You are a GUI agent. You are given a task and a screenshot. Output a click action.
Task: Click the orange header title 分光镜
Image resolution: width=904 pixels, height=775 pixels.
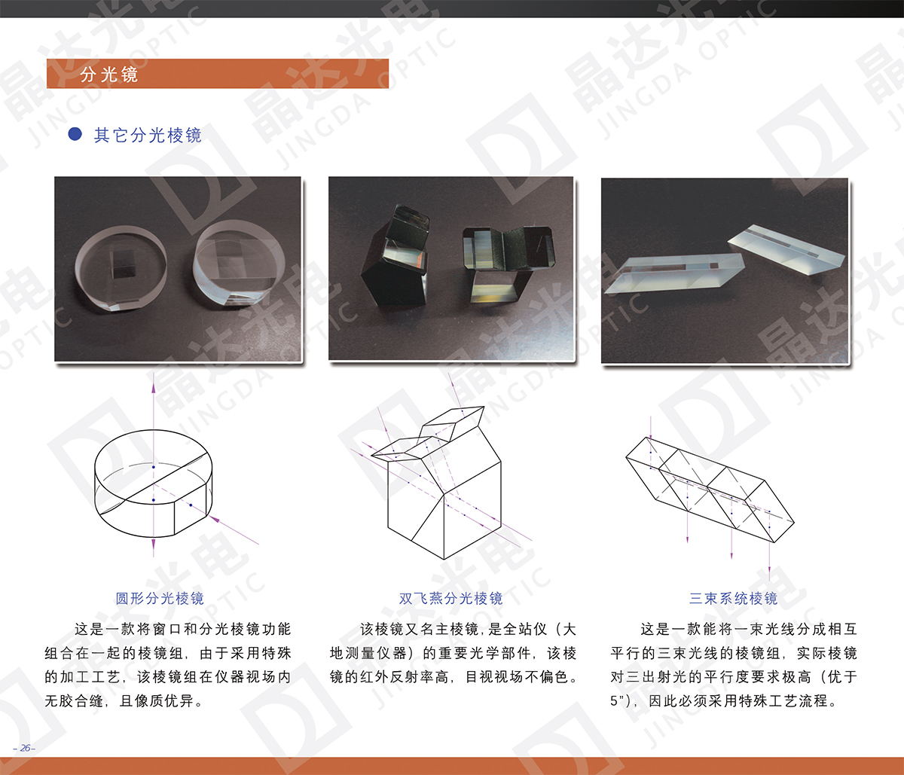109,75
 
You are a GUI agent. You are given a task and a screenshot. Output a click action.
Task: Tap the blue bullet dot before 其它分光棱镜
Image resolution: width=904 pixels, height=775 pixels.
75,134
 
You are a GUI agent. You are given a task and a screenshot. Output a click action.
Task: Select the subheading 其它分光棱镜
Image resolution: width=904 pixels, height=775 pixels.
148,135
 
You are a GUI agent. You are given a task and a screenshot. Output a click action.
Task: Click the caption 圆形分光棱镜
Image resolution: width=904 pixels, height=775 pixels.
160,598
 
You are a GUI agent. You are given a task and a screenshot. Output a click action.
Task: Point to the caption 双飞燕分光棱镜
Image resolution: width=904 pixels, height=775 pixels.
451,598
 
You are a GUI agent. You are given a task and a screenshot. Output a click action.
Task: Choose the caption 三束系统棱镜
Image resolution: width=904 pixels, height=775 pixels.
734,598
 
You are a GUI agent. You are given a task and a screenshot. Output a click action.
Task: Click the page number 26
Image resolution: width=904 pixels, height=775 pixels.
25,748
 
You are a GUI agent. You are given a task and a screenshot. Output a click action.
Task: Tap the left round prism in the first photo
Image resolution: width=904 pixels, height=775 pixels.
121,267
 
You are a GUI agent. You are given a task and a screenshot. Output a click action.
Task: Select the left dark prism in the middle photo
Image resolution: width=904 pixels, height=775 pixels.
395,257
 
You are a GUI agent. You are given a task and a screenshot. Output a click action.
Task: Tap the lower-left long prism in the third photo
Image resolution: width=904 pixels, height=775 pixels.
673,273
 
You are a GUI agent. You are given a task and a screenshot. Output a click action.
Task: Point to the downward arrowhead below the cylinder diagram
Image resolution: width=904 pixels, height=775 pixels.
154,545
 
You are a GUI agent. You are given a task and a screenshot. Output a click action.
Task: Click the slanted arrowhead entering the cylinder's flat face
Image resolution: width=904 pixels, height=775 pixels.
214,519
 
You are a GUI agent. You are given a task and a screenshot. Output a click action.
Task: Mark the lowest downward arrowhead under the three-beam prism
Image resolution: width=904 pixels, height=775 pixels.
769,576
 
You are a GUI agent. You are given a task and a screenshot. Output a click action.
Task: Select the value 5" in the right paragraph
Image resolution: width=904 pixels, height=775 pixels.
618,701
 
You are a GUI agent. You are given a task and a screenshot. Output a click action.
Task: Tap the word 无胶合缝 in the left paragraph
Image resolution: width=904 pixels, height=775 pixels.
74,701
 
